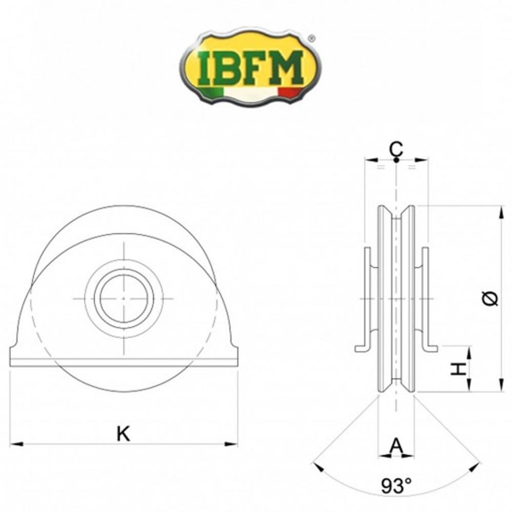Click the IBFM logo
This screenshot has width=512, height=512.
tap(250, 67)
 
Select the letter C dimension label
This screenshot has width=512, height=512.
tap(396, 149)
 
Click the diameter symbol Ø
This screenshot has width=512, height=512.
tap(490, 298)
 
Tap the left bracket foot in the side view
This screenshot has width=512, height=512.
tap(361, 349)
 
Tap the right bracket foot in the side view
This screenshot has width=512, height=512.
tap(431, 349)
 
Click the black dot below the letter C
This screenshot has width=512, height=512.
tap(396, 160)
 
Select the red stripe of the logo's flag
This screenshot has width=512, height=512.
tap(290, 93)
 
